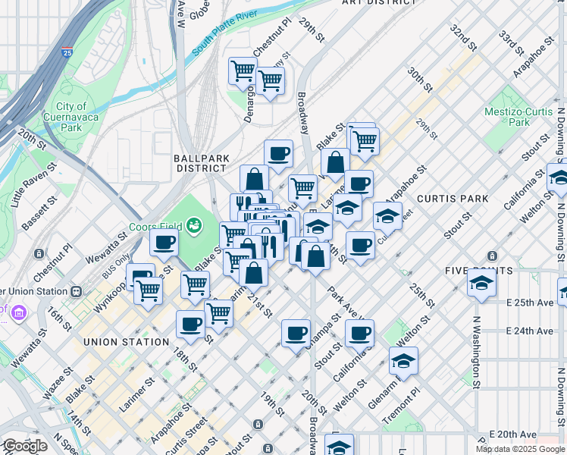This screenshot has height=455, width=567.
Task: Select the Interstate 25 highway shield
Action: [x=67, y=53]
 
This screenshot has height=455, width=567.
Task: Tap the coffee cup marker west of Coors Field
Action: [x=164, y=243]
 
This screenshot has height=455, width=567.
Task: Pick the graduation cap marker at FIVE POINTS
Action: [x=481, y=283]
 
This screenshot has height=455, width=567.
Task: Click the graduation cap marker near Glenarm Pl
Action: [x=404, y=362]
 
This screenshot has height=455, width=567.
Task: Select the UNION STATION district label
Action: [x=127, y=342]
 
